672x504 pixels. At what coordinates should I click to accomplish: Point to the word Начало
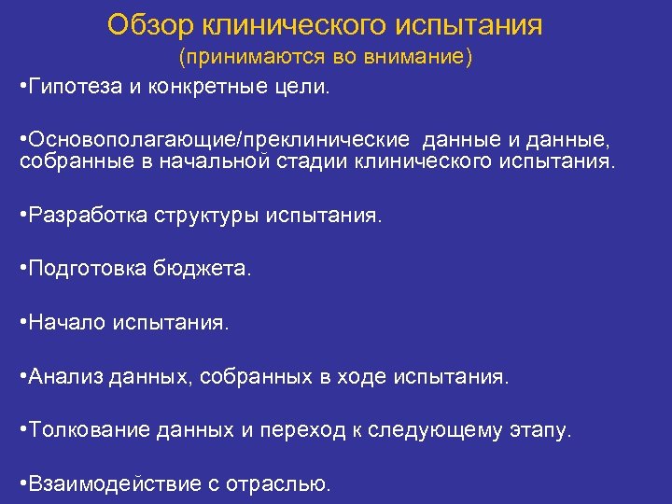click(x=68, y=322)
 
